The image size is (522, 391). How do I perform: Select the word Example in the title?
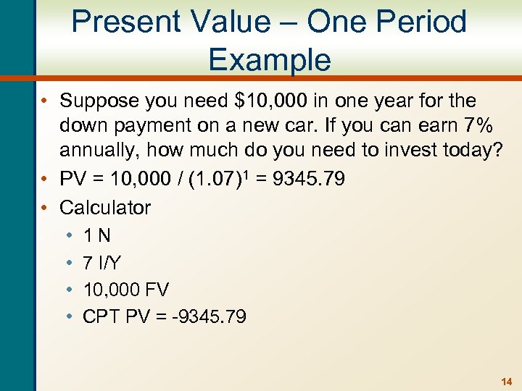[269, 59]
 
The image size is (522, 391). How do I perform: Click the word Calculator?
[105, 207]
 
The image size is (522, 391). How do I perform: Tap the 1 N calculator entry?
[97, 235]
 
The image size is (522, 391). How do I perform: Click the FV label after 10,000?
[157, 290]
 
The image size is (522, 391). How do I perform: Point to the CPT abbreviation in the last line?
[101, 316]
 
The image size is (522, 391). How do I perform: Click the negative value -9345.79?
[211, 316]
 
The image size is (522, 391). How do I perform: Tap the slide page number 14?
[505, 381]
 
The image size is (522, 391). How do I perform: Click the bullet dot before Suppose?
[46, 101]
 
